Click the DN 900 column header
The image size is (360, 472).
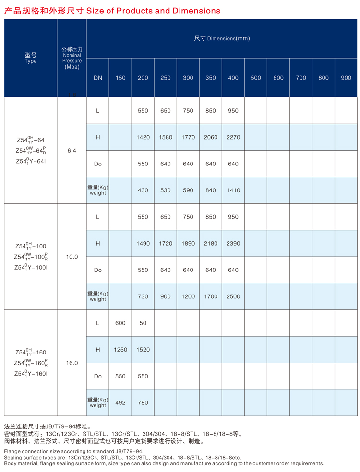[346, 78]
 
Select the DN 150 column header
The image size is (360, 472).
[120, 78]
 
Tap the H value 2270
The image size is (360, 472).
[233, 137]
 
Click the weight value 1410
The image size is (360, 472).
[233, 190]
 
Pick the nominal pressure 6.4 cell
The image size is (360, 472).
[72, 151]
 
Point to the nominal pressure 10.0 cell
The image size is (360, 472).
[72, 257]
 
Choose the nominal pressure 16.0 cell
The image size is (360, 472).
[72, 363]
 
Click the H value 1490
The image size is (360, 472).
[143, 244]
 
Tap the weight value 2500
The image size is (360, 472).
[233, 296]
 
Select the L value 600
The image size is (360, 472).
[120, 323]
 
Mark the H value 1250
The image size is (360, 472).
[120, 350]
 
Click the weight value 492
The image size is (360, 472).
[120, 403]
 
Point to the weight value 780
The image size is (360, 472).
[143, 403]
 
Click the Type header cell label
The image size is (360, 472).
[31, 58]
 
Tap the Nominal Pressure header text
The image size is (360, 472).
[72, 58]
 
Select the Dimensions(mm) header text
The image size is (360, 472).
[222, 38]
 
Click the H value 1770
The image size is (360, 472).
[188, 137]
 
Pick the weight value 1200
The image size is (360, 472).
[188, 296]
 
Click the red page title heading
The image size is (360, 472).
[112, 11]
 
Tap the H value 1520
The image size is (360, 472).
[143, 350]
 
